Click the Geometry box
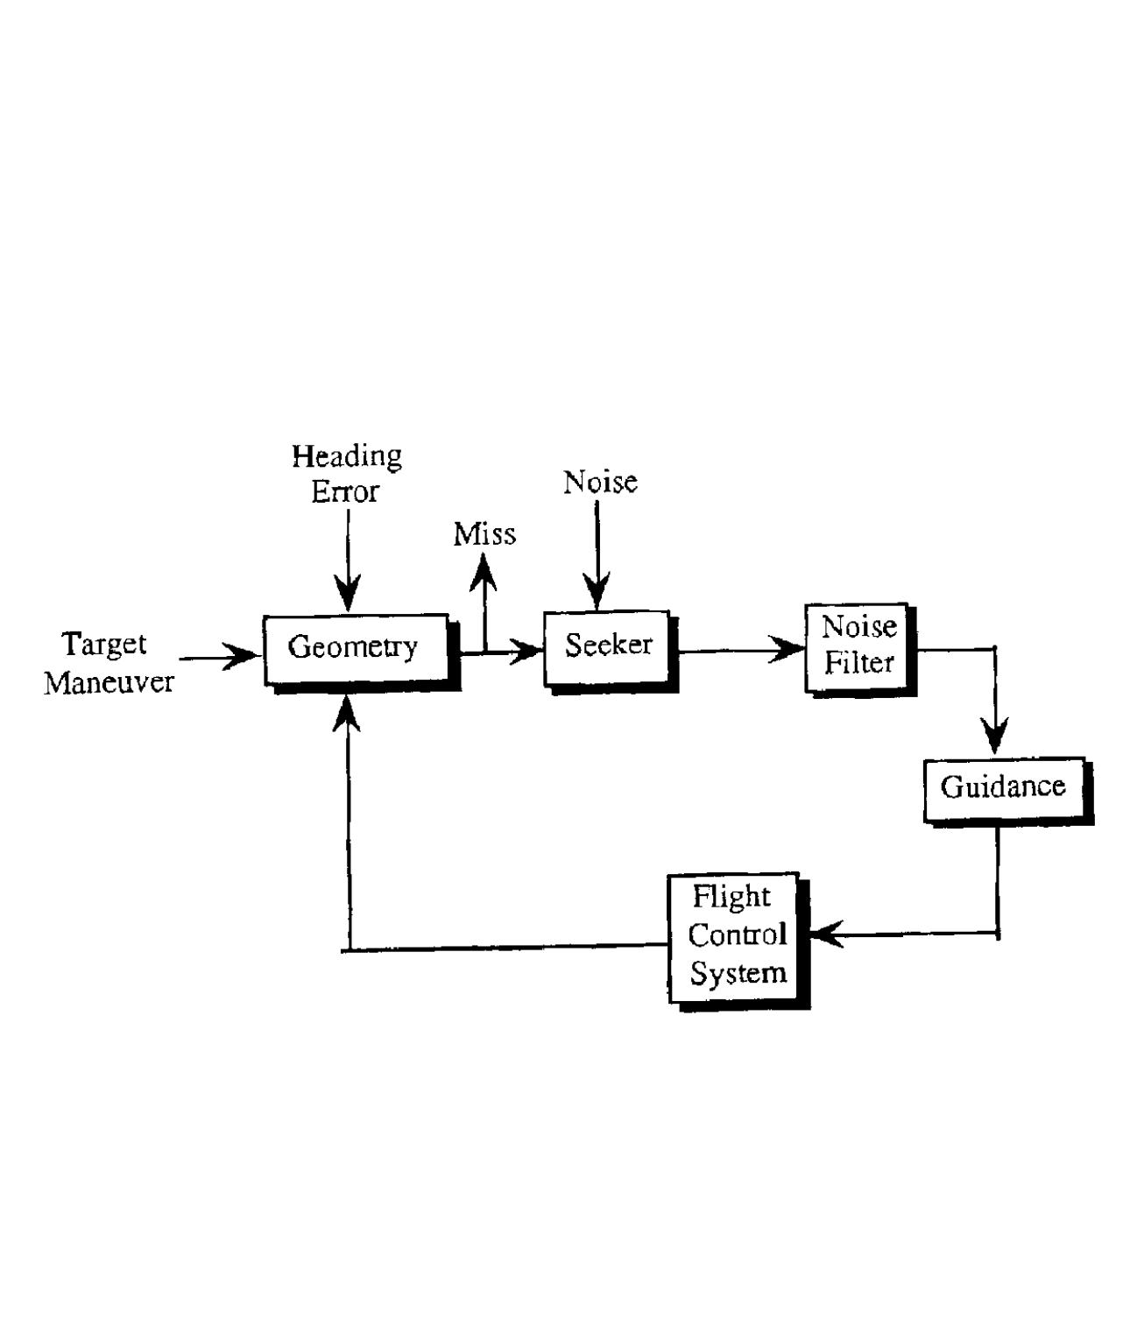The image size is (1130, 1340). (356, 649)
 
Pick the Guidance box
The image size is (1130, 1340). (1004, 788)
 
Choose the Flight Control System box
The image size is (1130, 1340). (734, 935)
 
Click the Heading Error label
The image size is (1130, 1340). (347, 474)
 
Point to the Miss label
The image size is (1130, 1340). (484, 534)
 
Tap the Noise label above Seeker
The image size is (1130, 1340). (600, 482)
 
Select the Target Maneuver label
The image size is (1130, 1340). (108, 663)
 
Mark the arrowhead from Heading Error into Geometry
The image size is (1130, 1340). (348, 596)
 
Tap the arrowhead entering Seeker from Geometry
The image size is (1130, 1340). (529, 651)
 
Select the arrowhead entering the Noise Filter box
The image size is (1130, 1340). (787, 651)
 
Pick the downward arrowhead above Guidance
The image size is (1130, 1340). (994, 737)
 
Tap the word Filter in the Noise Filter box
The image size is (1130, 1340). (858, 663)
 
